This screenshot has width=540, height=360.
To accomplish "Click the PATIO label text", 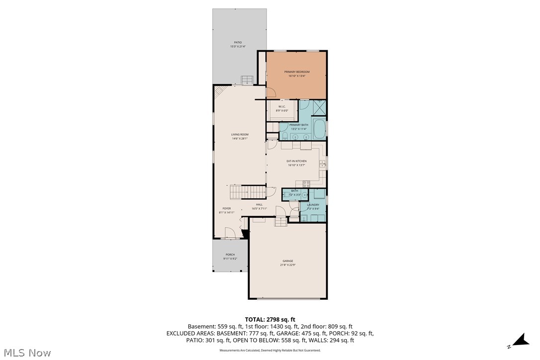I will pyautogui.click(x=239, y=42).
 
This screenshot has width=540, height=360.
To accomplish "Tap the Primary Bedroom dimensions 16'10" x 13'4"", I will pyautogui.click(x=296, y=76).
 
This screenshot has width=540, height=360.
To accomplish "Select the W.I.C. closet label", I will pyautogui.click(x=281, y=106).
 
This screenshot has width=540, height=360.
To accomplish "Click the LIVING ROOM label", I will pyautogui.click(x=240, y=134).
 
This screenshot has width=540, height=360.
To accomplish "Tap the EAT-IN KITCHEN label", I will pyautogui.click(x=296, y=161).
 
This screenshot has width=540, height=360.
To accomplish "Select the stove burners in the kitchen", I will pyautogui.click(x=307, y=183).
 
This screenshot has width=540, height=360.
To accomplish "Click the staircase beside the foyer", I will pyautogui.click(x=247, y=191).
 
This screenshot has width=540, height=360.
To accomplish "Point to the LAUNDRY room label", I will pyautogui.click(x=313, y=205).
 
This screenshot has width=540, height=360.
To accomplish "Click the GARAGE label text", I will pyautogui.click(x=288, y=261).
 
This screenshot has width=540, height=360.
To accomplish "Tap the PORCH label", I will pyautogui.click(x=230, y=255).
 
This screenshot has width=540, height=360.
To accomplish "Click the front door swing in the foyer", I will pyautogui.click(x=229, y=233).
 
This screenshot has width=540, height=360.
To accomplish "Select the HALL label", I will pyautogui.click(x=259, y=204).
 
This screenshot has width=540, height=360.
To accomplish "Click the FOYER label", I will pyautogui.click(x=227, y=208).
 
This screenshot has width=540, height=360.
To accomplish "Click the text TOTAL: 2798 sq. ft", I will pyautogui.click(x=270, y=319).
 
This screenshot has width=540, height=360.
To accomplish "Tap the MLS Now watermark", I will pyautogui.click(x=26, y=353).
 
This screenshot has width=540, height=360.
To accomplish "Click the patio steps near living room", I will pyautogui.click(x=247, y=80).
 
